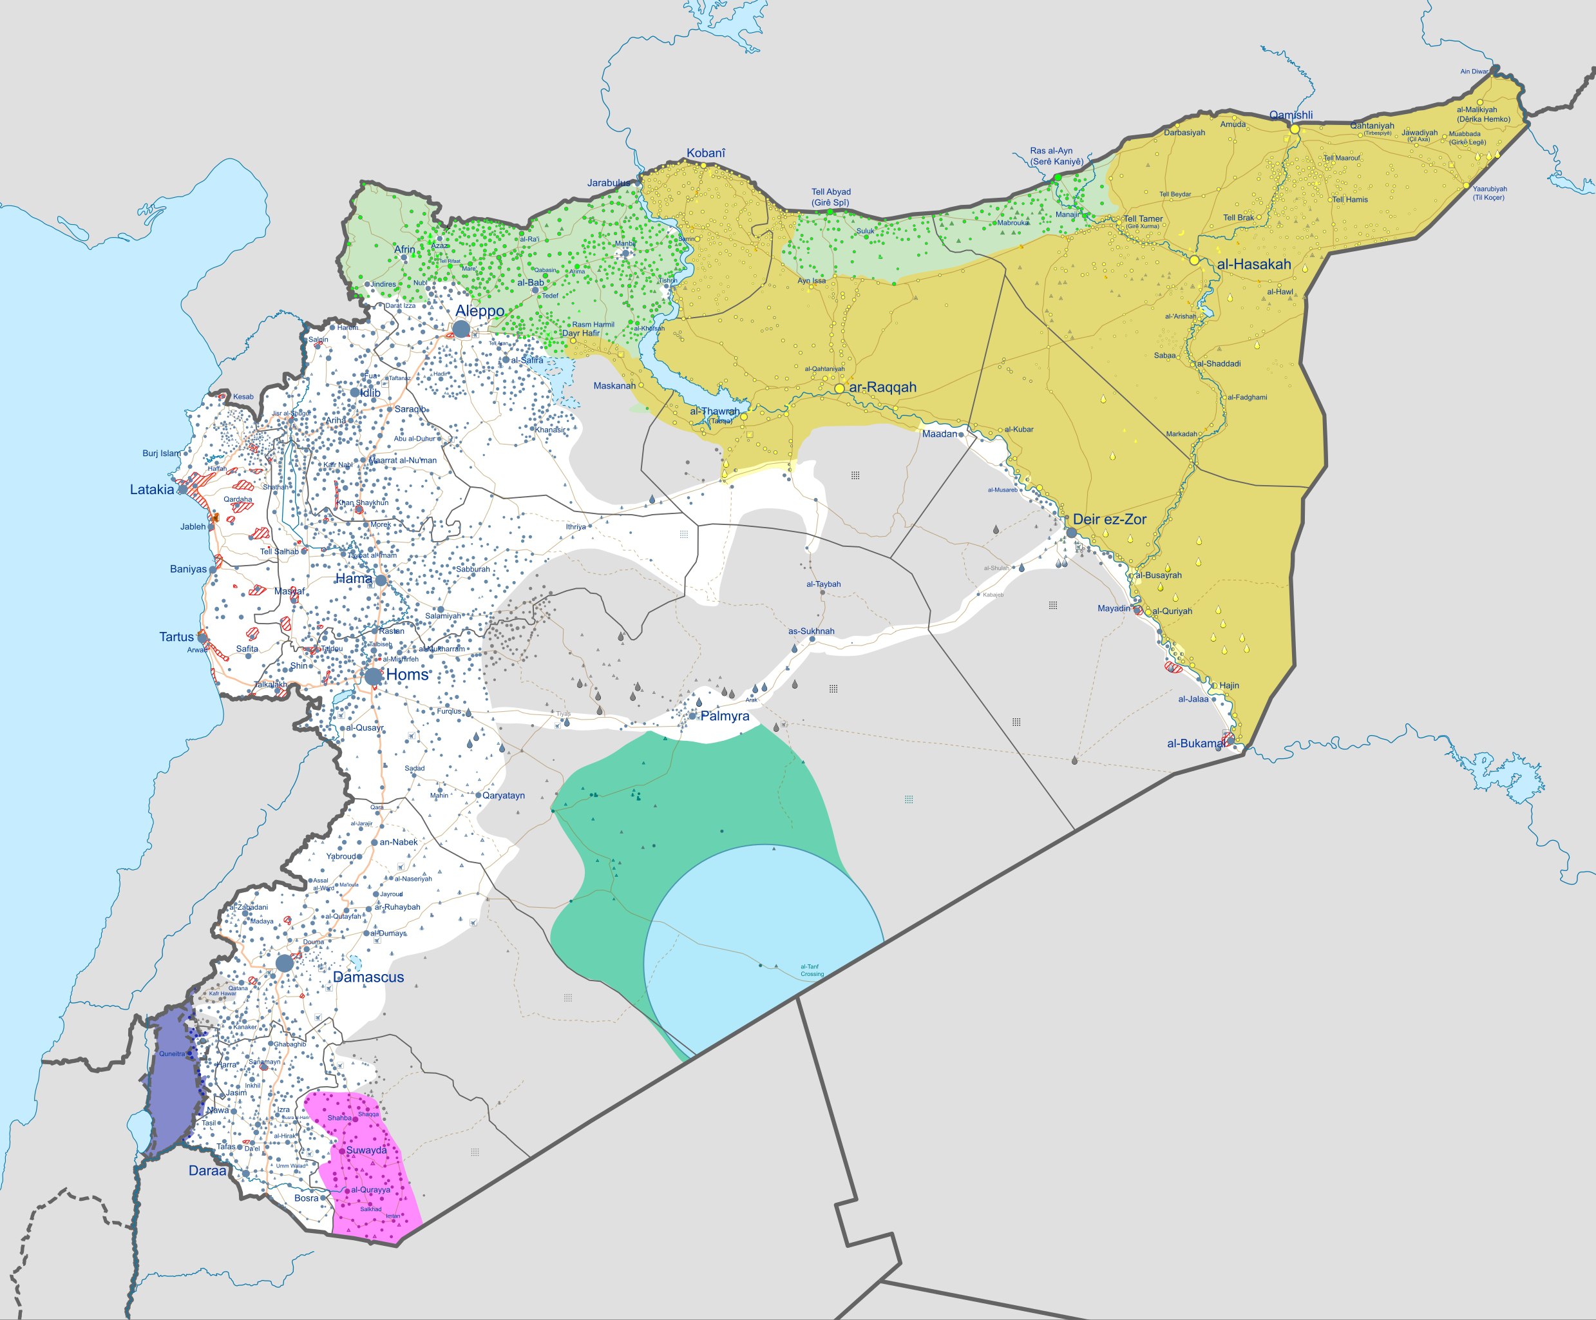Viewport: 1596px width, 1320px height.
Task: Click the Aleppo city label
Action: tap(480, 311)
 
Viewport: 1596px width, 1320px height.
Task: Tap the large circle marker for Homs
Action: tap(373, 676)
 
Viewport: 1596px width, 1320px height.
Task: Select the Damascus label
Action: tap(368, 977)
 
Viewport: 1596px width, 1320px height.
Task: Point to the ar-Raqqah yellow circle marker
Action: tap(839, 388)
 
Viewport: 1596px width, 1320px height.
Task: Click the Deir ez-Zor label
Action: tap(1109, 519)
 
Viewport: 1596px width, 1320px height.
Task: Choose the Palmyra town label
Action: tap(725, 716)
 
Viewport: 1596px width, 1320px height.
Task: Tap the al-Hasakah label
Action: tap(1253, 265)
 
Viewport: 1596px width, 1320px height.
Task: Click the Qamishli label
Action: tap(1291, 115)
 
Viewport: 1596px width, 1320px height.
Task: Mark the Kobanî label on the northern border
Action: tap(705, 153)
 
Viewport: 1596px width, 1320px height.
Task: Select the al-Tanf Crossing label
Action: tap(811, 970)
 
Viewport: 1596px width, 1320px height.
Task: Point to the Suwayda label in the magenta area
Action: tap(366, 1151)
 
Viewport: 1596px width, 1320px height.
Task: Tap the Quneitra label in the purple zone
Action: tap(172, 1054)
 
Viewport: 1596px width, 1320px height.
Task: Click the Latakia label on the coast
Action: tap(151, 490)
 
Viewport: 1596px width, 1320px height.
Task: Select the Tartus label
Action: tap(176, 637)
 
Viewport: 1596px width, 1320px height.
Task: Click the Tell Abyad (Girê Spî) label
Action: tap(831, 197)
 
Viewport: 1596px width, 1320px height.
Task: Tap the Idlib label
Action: tap(370, 393)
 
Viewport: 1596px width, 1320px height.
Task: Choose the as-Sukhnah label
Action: tap(811, 631)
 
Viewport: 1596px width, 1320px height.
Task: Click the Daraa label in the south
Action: tap(207, 1171)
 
